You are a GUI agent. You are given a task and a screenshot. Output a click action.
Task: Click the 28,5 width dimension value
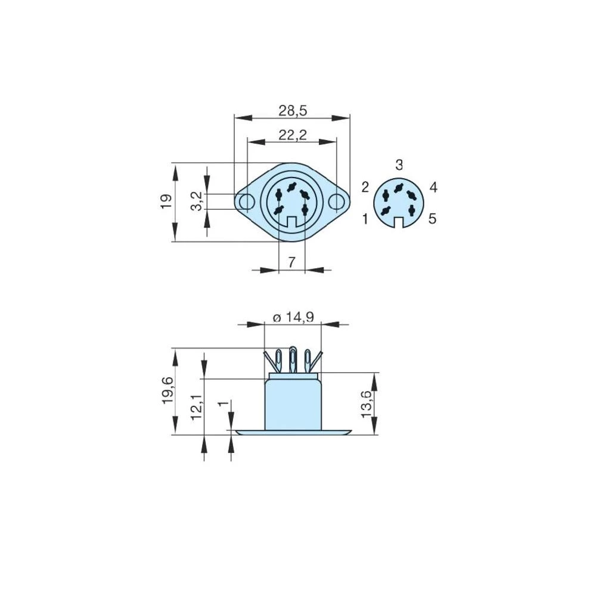pos(292,110)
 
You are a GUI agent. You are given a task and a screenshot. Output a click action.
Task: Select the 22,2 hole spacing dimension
pos(292,135)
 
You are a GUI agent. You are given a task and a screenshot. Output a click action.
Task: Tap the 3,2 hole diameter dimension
pos(196,201)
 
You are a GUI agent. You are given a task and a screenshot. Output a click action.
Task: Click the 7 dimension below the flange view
pos(291,262)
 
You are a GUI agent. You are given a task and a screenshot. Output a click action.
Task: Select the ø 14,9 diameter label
pos(293,318)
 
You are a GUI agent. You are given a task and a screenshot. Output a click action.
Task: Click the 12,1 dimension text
pos(196,408)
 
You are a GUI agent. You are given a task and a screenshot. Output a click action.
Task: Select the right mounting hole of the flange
pos(337,202)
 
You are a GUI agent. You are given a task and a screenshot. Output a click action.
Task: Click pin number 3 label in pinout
pos(399,164)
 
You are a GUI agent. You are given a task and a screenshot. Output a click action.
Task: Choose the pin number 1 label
pos(365,219)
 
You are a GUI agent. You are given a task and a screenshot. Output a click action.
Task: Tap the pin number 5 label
pos(432,219)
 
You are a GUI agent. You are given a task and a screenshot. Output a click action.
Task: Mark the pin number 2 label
pos(365,187)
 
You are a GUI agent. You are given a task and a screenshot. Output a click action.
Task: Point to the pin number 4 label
pos(433,187)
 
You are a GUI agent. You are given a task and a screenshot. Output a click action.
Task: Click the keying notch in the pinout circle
pos(399,223)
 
